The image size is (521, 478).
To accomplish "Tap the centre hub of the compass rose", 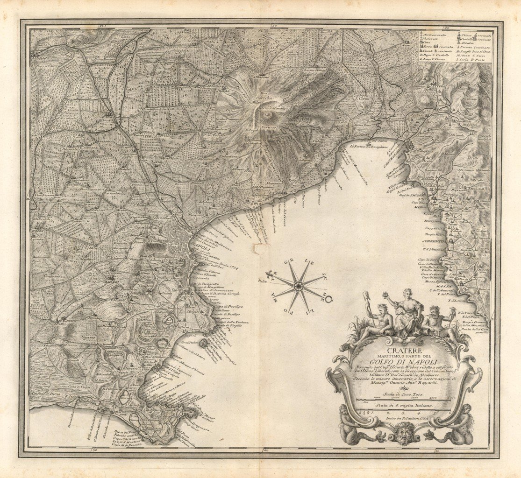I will [298, 286].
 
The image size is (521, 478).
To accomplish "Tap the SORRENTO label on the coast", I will [434, 242].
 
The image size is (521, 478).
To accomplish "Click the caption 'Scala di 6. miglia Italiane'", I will [404, 406].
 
